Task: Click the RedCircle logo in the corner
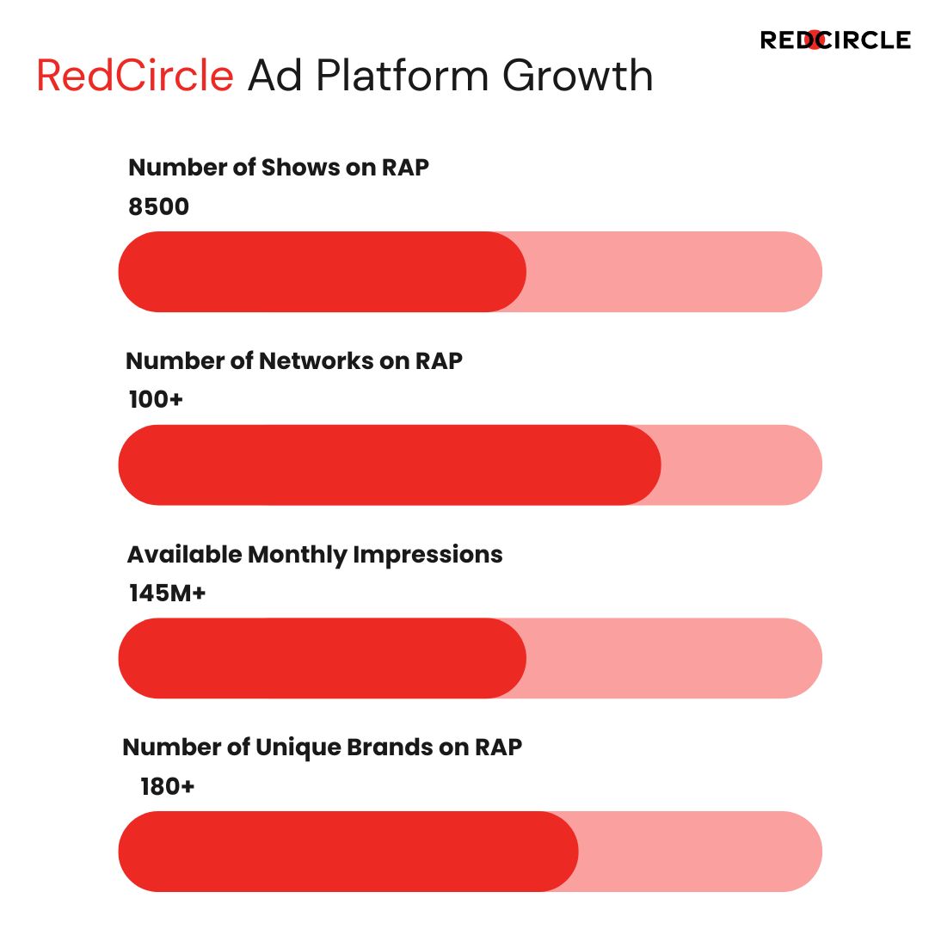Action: click(x=835, y=40)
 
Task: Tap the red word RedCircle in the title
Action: click(x=135, y=76)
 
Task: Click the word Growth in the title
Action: click(x=578, y=76)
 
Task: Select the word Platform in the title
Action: click(x=402, y=76)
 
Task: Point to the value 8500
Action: click(x=159, y=206)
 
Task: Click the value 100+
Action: click(x=156, y=399)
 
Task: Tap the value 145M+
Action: click(x=167, y=593)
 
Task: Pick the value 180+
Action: click(x=167, y=786)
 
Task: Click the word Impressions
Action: click(x=428, y=555)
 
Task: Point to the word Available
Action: click(x=185, y=555)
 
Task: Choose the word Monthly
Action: click(x=298, y=555)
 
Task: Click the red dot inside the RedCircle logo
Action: click(x=815, y=40)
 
